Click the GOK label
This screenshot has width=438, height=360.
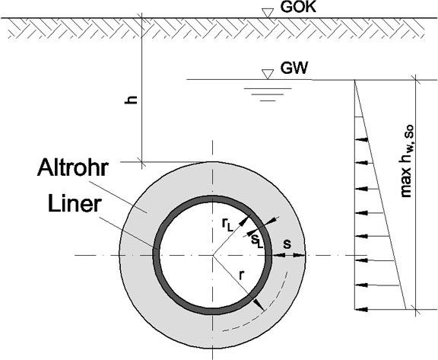(298, 7)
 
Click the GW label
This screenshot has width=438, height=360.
(294, 68)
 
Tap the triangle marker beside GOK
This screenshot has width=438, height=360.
(268, 13)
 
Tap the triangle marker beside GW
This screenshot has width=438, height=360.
(268, 74)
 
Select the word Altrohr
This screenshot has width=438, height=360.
(73, 167)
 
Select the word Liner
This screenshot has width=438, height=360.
(75, 204)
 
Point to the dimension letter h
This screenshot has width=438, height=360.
(131, 99)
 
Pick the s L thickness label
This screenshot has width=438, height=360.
(257, 241)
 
